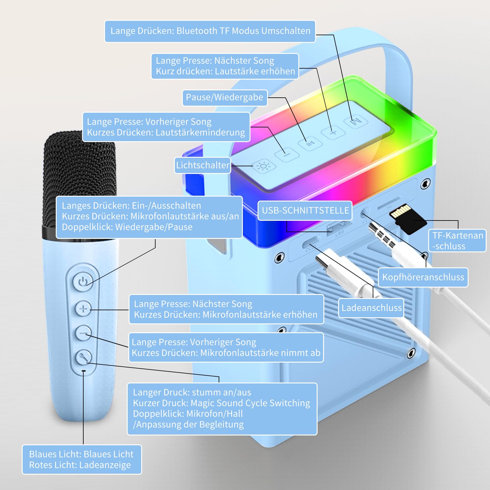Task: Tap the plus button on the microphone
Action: tap(83, 309)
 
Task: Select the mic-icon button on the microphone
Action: tap(83, 357)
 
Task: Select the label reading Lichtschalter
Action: tap(202, 165)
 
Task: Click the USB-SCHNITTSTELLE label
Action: tap(305, 211)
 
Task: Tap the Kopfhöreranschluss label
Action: tap(423, 277)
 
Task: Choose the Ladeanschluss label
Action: tap(371, 308)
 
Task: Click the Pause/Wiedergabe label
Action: tap(225, 98)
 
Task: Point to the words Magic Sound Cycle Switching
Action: tap(251, 403)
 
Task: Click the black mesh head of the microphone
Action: tap(80, 181)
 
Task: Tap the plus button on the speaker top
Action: tap(333, 132)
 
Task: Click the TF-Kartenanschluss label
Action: tap(457, 241)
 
